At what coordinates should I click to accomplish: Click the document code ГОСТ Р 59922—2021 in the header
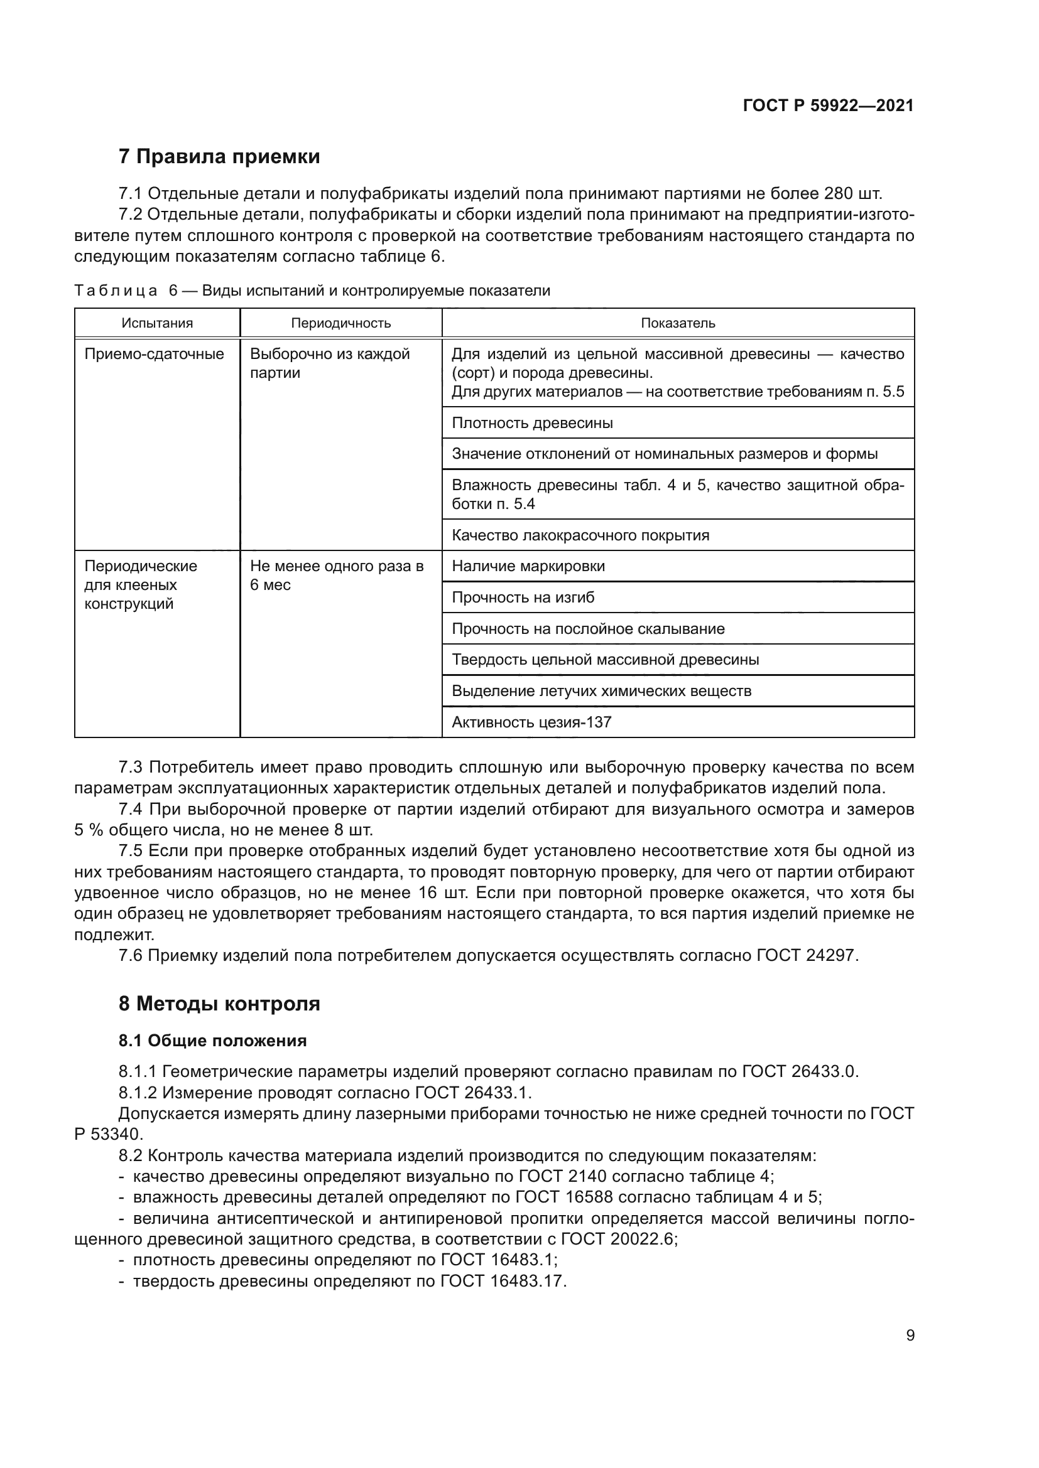[828, 105]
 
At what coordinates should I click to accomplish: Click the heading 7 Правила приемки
[219, 157]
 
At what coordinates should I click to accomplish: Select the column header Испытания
[157, 323]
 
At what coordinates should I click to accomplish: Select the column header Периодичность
[340, 323]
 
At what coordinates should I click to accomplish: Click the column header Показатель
[678, 323]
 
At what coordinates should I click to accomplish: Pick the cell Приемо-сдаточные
[154, 354]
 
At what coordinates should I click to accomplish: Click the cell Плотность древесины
[532, 422]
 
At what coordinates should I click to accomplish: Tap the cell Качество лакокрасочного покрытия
[580, 535]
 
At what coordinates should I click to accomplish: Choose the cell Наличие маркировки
[528, 567]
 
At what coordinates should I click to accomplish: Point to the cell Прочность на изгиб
[523, 597]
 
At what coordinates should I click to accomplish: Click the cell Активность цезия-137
[531, 722]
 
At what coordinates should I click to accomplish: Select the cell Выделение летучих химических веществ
[601, 691]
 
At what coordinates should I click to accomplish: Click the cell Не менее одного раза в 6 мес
[337, 576]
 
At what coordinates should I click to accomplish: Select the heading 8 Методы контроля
[219, 1004]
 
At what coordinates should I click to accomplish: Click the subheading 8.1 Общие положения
[212, 1041]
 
